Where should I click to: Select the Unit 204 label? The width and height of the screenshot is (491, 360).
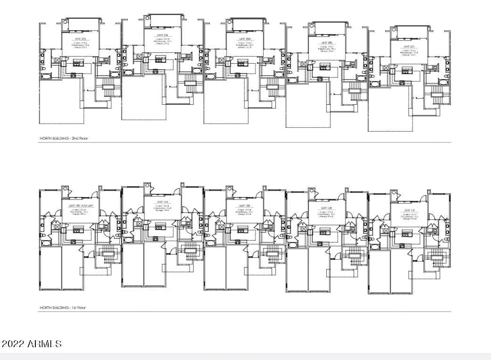163,35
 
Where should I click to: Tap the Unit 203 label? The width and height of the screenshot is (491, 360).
244,39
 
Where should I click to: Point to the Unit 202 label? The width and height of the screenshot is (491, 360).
327,43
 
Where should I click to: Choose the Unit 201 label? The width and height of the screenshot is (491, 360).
408,46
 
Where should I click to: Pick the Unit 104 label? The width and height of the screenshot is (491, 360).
163,202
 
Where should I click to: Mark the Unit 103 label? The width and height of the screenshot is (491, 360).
244,206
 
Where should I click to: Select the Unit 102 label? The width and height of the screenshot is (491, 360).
326,208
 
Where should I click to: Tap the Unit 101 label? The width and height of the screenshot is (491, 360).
408,210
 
